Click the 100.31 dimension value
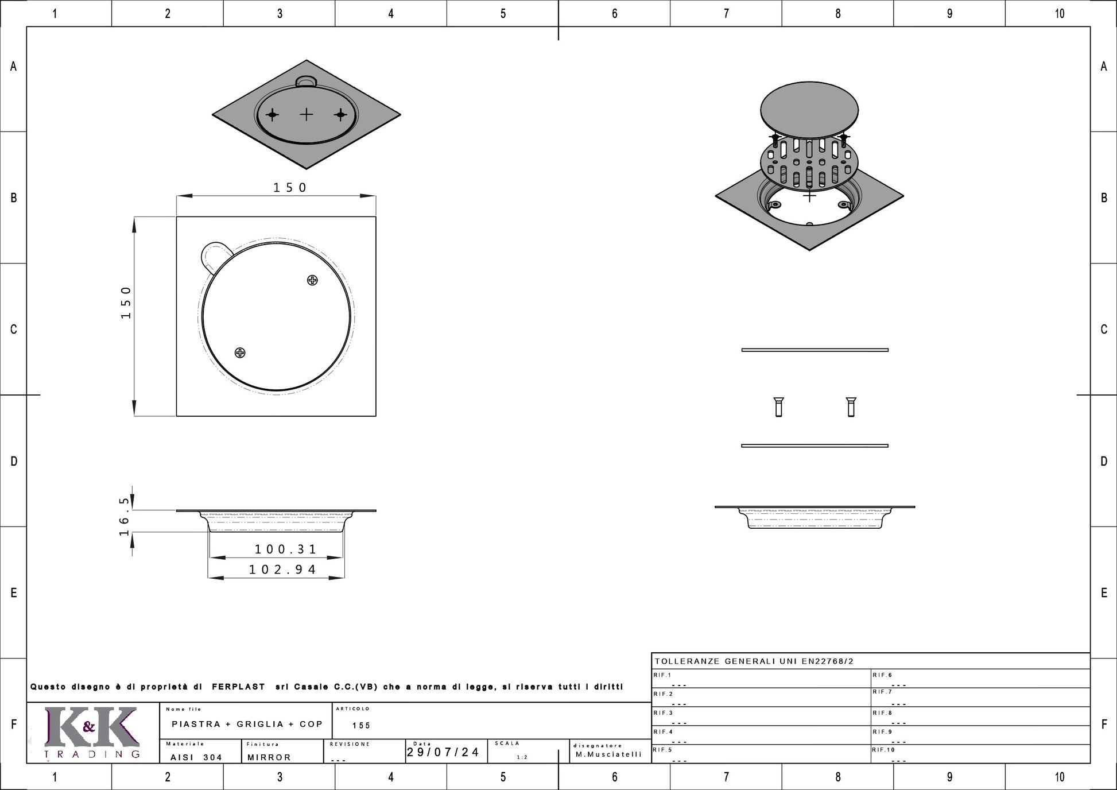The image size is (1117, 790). tap(285, 549)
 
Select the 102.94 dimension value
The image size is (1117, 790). tap(282, 570)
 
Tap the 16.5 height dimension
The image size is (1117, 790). tap(125, 517)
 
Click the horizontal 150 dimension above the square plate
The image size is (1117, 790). tap(290, 188)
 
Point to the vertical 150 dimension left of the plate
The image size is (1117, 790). tap(126, 303)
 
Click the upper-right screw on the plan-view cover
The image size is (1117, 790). tap(312, 280)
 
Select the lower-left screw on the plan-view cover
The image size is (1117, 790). tap(240, 353)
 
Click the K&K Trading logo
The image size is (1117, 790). tap(92, 733)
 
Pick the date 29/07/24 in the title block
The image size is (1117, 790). tap(443, 752)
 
